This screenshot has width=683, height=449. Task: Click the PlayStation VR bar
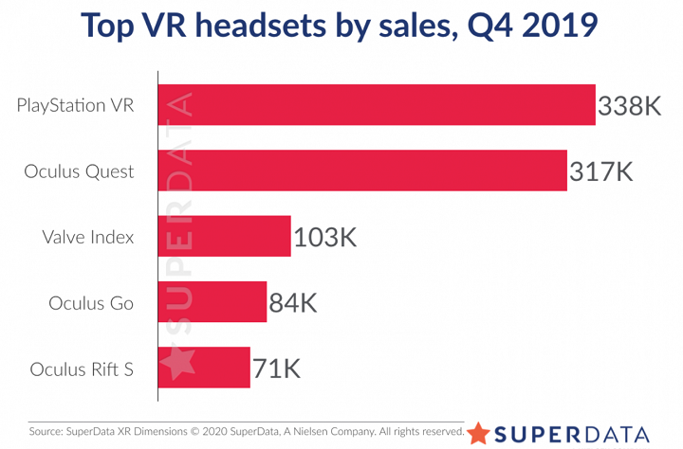[x=376, y=105]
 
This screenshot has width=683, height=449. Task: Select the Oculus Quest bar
[x=361, y=171]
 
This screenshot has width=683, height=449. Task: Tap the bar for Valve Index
[x=224, y=236]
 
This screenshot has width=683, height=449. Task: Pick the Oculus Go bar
[x=212, y=301]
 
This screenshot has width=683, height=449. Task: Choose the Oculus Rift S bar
[x=203, y=367]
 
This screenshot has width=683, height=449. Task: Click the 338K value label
[x=629, y=106]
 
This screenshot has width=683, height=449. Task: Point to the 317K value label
[x=600, y=171]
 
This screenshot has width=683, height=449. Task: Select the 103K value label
[x=324, y=237]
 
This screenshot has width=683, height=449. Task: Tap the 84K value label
[x=292, y=302]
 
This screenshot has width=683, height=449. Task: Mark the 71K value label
[x=276, y=368]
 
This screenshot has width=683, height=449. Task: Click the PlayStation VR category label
[x=75, y=105]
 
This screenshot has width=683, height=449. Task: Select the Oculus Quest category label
[x=80, y=171]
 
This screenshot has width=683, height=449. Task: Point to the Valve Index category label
[x=88, y=237]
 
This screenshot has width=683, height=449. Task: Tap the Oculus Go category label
[x=91, y=303]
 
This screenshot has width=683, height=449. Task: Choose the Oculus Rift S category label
[x=82, y=368]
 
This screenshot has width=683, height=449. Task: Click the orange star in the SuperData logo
[x=479, y=433]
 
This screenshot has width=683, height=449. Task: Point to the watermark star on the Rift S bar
[x=178, y=364]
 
